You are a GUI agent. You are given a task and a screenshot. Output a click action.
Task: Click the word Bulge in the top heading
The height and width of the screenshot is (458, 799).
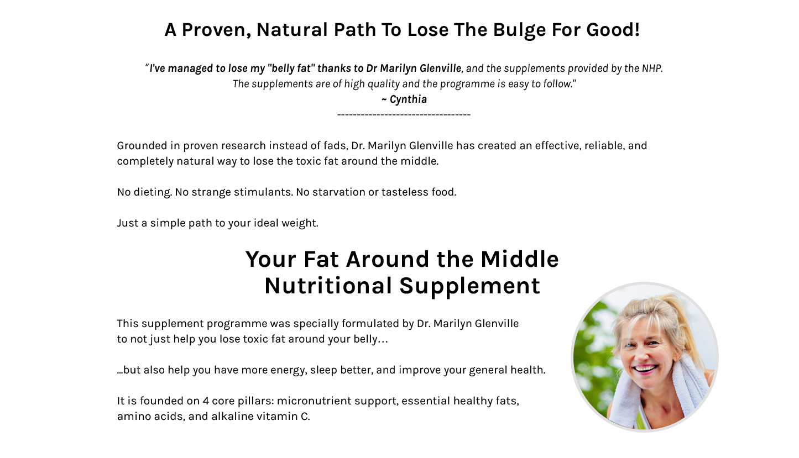point(519,30)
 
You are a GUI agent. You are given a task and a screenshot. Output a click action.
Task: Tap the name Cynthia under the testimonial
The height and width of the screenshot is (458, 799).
point(408,99)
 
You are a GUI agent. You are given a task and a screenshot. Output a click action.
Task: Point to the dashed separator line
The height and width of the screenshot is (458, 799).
point(404,115)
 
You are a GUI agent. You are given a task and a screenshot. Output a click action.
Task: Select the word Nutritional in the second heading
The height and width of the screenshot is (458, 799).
point(328,286)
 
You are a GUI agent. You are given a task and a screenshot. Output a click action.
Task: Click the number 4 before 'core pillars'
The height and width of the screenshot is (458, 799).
point(206,401)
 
